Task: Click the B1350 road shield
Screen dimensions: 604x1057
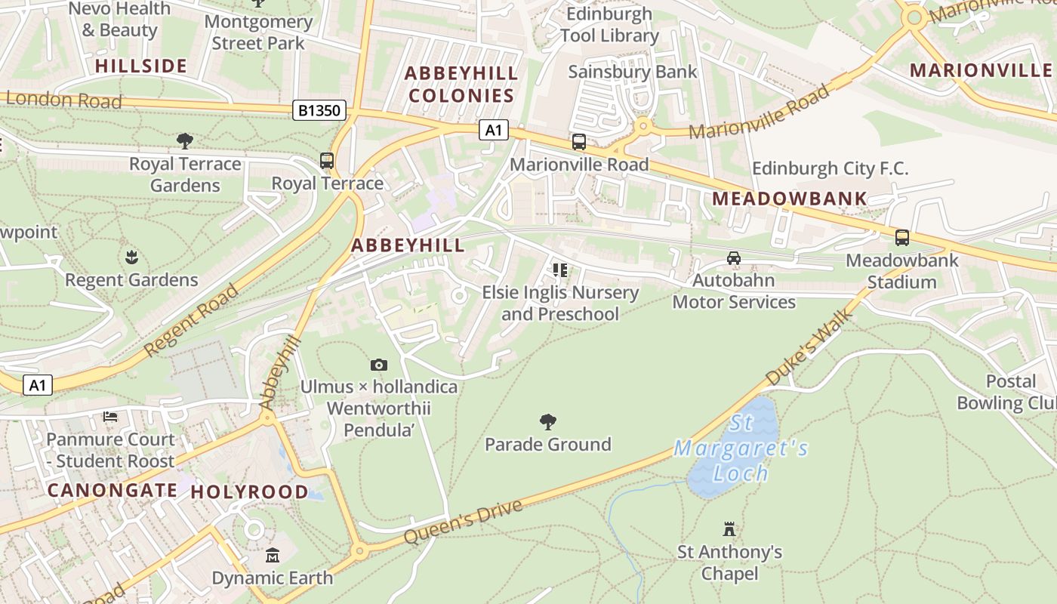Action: point(319,111)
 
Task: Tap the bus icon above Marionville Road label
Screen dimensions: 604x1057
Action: point(579,141)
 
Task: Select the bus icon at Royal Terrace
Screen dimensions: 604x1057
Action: point(327,160)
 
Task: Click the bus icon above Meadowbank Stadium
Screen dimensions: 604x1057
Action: point(901,237)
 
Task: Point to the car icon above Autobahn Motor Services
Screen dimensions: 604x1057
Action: point(733,258)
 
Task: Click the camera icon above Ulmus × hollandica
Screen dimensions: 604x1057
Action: point(379,365)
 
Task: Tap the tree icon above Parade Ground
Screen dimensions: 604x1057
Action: point(548,422)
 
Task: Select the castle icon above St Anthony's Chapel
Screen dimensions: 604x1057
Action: point(729,528)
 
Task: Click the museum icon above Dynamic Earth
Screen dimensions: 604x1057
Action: point(273,556)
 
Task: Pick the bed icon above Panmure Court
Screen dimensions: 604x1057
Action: point(110,417)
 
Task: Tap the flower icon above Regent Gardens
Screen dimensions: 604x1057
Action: point(131,257)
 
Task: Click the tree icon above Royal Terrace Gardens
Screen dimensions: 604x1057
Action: point(184,140)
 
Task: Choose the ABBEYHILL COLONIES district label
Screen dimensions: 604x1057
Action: point(461,85)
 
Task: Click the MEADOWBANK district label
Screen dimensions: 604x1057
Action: point(790,199)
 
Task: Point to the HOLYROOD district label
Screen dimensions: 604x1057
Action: point(249,492)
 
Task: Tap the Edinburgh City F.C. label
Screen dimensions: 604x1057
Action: point(830,168)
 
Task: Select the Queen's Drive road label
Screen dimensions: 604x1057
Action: point(463,522)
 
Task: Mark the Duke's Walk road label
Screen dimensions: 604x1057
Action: point(809,346)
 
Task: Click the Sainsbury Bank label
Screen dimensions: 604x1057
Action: point(633,72)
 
